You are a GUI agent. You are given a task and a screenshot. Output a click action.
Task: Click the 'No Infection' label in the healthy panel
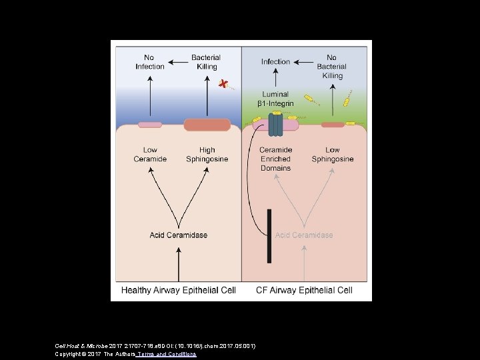(x=150, y=62)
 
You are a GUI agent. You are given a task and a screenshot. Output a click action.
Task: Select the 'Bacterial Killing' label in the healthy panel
(x=207, y=62)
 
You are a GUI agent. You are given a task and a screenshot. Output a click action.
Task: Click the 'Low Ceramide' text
(x=150, y=155)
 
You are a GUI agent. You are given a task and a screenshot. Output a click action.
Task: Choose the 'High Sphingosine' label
(x=207, y=155)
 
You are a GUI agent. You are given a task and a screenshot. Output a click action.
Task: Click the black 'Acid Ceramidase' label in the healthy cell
(x=178, y=235)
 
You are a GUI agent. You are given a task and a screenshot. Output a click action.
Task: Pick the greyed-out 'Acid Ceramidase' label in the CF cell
(x=304, y=235)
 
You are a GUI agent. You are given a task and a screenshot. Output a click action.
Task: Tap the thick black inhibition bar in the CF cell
(x=269, y=236)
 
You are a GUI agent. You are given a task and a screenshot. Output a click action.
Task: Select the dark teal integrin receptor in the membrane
(x=275, y=125)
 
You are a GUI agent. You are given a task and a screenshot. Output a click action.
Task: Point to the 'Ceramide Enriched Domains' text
(x=275, y=159)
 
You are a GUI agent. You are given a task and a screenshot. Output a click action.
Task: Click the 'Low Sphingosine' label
(x=333, y=155)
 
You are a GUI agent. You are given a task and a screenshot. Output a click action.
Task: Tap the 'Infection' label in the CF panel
(x=275, y=62)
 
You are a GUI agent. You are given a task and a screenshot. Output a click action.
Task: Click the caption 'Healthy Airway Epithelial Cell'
(x=178, y=291)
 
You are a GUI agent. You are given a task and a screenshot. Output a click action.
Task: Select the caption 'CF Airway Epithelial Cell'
(x=304, y=291)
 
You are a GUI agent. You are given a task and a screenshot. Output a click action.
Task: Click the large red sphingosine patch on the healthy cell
(x=207, y=125)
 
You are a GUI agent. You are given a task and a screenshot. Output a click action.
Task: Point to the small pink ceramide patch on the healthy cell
(x=150, y=125)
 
